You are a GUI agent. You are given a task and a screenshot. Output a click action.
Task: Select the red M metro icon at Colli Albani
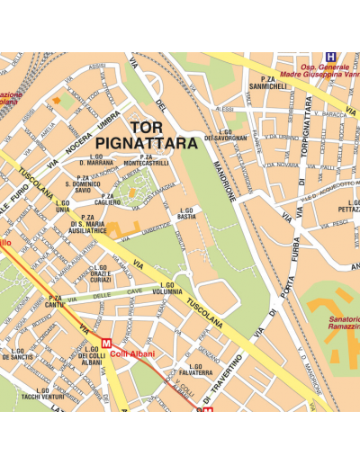pos(107,343)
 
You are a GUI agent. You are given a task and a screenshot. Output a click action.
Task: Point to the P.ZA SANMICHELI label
pos(267,84)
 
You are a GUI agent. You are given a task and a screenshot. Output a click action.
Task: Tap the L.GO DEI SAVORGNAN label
pos(224,134)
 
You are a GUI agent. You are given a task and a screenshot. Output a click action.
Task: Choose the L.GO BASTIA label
pos(186,214)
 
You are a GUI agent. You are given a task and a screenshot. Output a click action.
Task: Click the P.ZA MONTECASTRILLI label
pos(153,160)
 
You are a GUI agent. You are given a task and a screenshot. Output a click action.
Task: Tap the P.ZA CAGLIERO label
pos(108,200)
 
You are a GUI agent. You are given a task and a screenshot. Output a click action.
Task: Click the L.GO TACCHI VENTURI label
pos(42,393)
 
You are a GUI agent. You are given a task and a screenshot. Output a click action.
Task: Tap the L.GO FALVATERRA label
pos(194,370)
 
